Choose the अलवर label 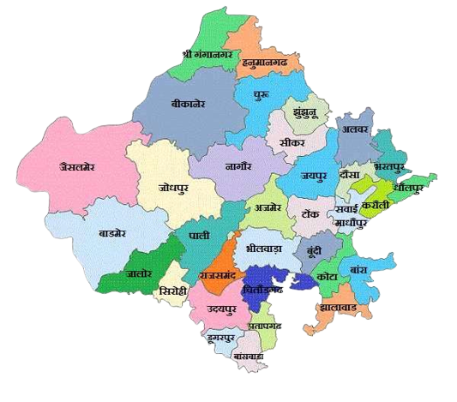[x=354, y=130]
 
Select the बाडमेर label [x=113, y=232]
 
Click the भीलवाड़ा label [x=264, y=249]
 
